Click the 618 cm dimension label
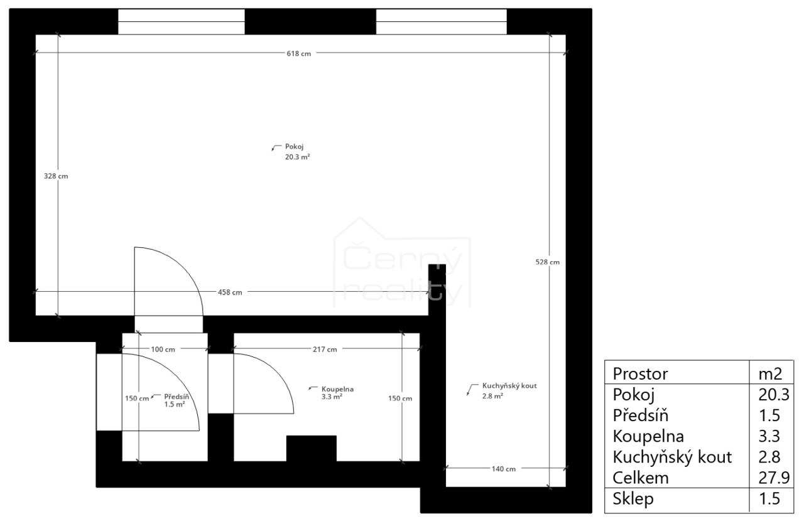(298, 53)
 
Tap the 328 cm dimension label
(56, 176)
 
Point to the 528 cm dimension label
(547, 262)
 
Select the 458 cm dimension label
(230, 292)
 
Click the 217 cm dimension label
(325, 350)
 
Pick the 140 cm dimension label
(504, 469)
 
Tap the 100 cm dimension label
(163, 350)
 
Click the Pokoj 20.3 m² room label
(297, 152)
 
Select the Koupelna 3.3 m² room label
(337, 393)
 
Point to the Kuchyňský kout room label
(509, 385)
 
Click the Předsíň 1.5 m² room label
(177, 400)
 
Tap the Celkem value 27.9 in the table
(774, 478)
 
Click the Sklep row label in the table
(633, 499)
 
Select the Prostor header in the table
(640, 374)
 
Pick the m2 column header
(770, 374)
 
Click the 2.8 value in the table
(769, 457)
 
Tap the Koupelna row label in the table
(648, 437)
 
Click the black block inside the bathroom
(311, 448)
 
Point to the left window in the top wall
(182, 22)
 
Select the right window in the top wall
(441, 22)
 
